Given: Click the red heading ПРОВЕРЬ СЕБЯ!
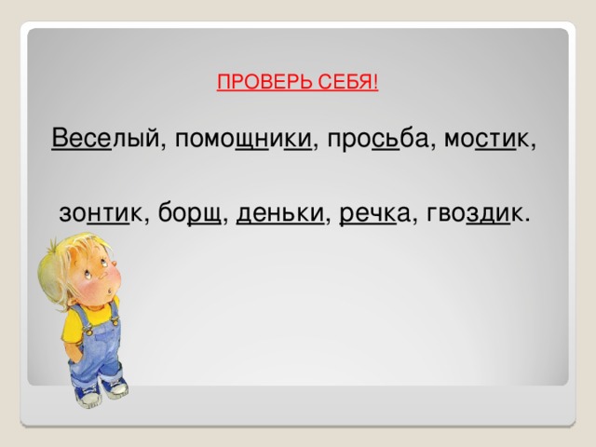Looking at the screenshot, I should click(x=296, y=81).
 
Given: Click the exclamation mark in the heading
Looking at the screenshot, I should click(x=375, y=81).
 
